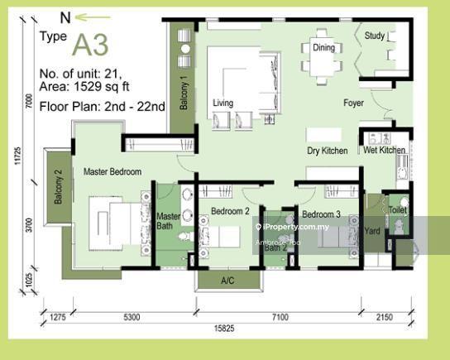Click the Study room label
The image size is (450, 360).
[375, 36]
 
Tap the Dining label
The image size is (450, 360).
[324, 47]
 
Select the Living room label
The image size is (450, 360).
[223, 103]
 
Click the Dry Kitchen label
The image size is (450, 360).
[326, 151]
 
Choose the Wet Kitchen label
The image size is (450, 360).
[384, 151]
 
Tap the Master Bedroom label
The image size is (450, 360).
[112, 172]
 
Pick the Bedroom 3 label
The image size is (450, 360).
[321, 215]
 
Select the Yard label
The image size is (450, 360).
[372, 231]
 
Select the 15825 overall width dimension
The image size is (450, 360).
[226, 329]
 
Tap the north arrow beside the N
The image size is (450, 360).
[93, 16]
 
